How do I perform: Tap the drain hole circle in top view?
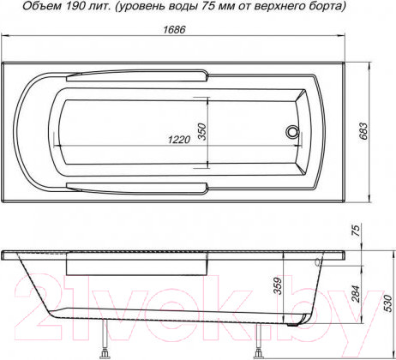[292, 133]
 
